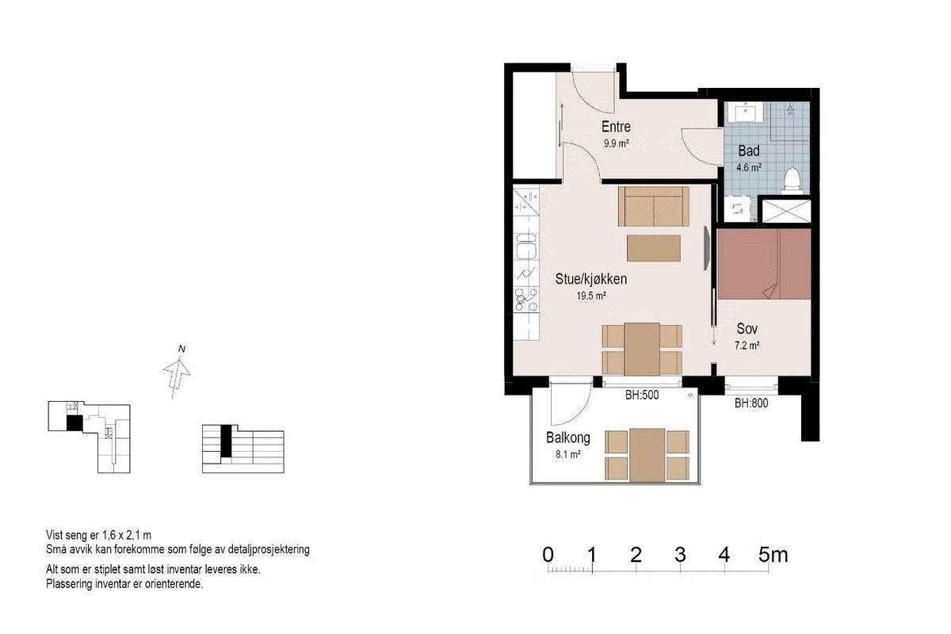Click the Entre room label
pos(616,127)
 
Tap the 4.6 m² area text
pos(749,167)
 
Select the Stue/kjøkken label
pos(591,279)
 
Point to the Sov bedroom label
pos(747,328)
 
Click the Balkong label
pos(568,437)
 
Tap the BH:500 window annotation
pos(642,395)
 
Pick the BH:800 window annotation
pos(751,403)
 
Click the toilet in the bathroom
pos(792,181)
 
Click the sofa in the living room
pos(654,206)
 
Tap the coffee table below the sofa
pos(654,248)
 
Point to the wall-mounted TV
pos(706,248)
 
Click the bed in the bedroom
pos(764,264)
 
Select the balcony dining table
pos(647,455)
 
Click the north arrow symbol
pos(177,378)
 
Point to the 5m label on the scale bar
pos(773,555)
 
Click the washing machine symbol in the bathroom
pos(738,208)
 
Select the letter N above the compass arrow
pos(181,349)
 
